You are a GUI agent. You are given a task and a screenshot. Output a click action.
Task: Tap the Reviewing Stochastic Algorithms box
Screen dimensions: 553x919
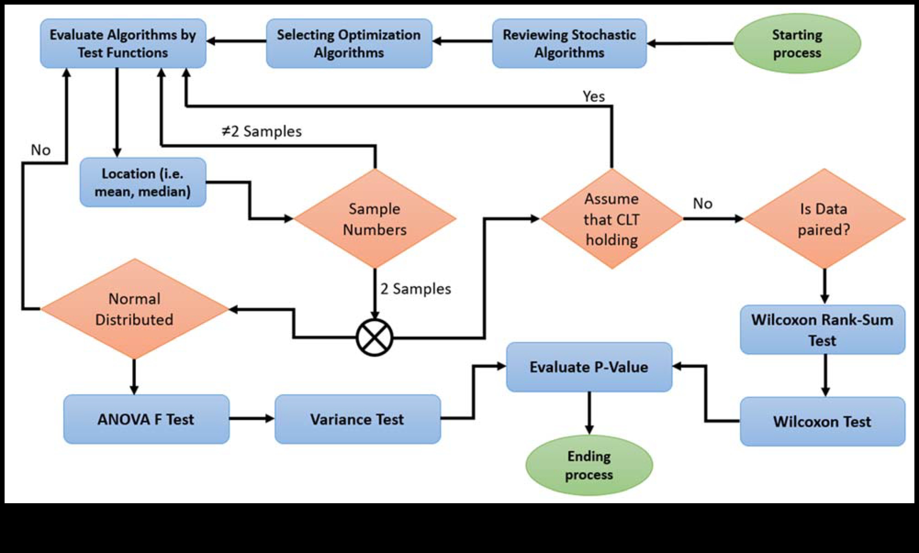coord(569,44)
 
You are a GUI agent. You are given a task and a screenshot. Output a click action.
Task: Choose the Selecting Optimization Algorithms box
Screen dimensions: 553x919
coord(349,44)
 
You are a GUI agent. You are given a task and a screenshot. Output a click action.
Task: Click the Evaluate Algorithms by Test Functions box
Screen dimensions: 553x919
coord(123,44)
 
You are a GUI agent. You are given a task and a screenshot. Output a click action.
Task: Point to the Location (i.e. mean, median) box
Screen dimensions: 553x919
coord(143,182)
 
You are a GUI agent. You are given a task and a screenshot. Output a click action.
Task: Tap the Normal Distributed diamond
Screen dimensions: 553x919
coord(134,309)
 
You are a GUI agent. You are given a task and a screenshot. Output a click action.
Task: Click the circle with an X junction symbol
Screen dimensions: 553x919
coord(375,338)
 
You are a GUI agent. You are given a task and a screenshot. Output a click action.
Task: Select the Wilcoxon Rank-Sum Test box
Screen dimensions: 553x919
coord(822,330)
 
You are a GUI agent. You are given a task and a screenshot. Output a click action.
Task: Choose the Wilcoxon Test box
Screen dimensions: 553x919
coord(822,422)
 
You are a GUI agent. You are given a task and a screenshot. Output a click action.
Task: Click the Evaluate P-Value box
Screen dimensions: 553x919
coord(589,367)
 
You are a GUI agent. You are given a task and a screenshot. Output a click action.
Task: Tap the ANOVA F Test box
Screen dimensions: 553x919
coord(146,419)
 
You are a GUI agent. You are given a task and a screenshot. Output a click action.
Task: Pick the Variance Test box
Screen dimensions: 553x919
coord(357,419)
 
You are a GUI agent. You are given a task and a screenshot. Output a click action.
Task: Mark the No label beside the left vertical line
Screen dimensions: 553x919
coord(41,150)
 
